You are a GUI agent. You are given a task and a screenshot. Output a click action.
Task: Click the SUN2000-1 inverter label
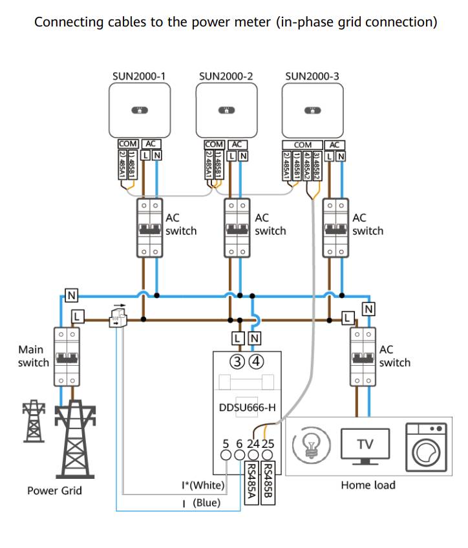coord(140,76)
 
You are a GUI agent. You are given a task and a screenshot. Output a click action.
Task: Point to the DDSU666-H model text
coord(248,408)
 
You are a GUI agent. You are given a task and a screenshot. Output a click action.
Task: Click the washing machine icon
coord(426,446)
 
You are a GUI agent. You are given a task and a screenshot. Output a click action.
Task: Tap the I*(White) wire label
coord(202,485)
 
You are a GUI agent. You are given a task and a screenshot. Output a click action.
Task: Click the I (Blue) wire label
coord(202,502)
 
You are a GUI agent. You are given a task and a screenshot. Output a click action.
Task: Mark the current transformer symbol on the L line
coord(118,318)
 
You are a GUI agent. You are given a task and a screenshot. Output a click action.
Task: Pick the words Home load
coord(368,485)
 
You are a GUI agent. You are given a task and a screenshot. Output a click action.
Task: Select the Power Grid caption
coord(55,490)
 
